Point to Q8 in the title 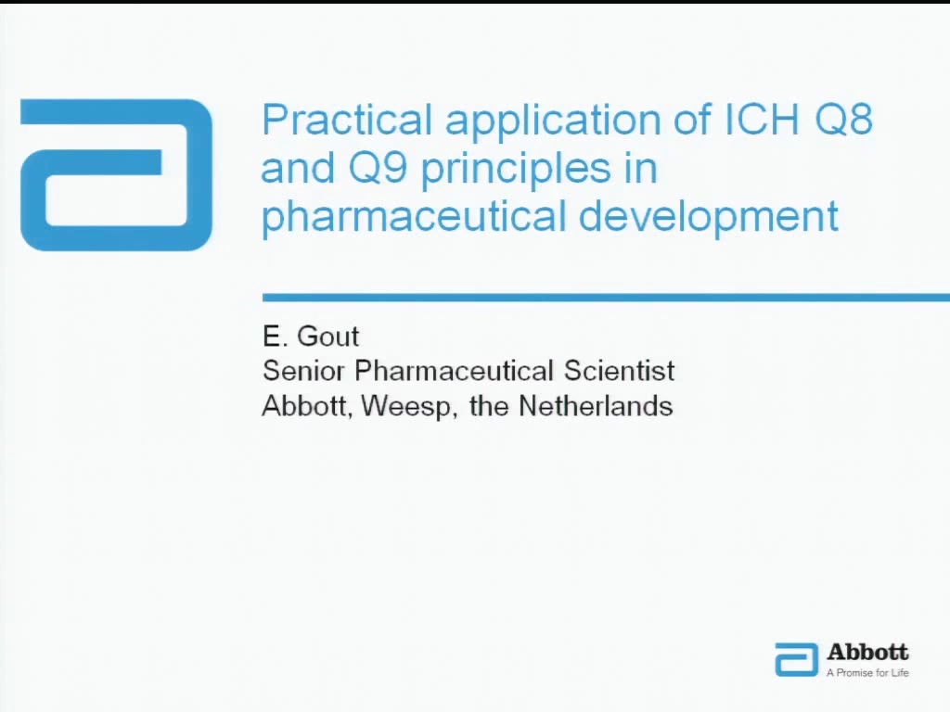(843, 120)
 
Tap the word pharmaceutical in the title (413, 217)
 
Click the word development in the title (708, 217)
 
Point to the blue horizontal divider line (606, 298)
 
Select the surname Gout (327, 336)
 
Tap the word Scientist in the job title (619, 371)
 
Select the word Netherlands (596, 406)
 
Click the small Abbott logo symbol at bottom (796, 659)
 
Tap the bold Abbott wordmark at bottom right (867, 652)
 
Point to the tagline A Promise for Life (867, 672)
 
